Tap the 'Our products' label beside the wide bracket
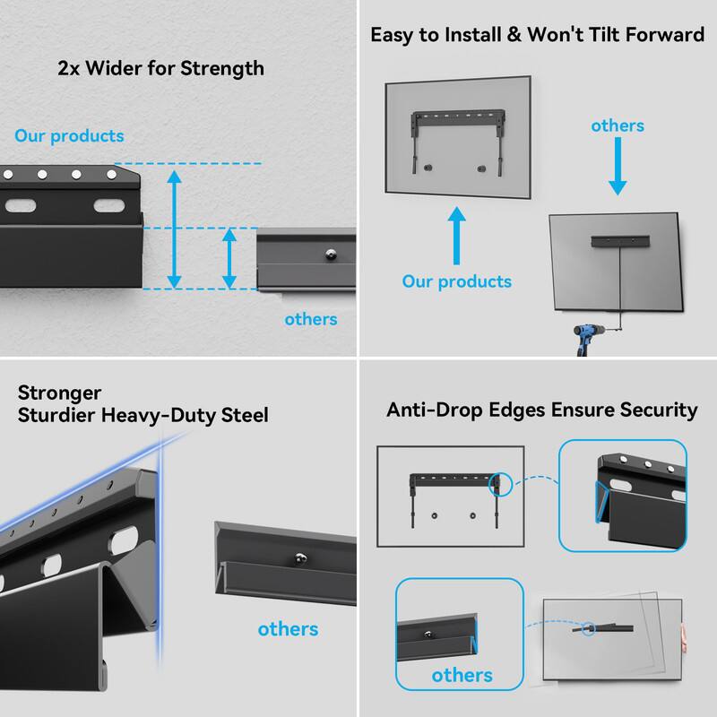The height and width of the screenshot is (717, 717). pyautogui.click(x=69, y=137)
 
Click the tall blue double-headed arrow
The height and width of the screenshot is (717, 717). pyautogui.click(x=175, y=227)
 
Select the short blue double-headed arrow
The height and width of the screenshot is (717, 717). pyautogui.click(x=230, y=258)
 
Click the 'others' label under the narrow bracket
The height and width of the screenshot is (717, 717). pyautogui.click(x=310, y=319)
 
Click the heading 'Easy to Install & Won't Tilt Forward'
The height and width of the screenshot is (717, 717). pyautogui.click(x=539, y=37)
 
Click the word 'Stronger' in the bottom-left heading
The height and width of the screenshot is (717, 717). pyautogui.click(x=59, y=393)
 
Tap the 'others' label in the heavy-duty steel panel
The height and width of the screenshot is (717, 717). pyautogui.click(x=288, y=629)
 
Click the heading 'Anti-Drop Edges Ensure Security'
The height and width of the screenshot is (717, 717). pyautogui.click(x=542, y=410)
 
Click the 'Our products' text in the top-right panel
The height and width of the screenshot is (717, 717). pyautogui.click(x=457, y=281)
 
